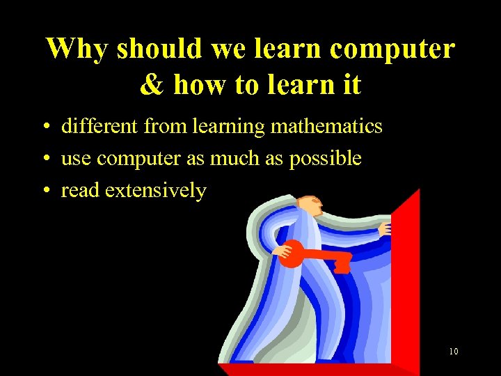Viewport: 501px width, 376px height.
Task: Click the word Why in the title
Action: click(x=77, y=49)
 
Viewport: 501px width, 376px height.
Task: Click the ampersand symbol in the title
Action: click(x=150, y=85)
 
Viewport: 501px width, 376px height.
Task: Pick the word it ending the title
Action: click(x=351, y=85)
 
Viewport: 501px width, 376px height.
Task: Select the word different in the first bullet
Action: click(x=100, y=126)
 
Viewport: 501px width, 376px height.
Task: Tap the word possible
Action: click(x=326, y=159)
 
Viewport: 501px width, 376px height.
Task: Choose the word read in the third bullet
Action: click(x=78, y=190)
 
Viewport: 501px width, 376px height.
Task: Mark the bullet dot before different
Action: click(x=44, y=127)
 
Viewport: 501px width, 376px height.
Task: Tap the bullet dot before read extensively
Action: click(x=44, y=191)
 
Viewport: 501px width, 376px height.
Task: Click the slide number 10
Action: click(x=453, y=352)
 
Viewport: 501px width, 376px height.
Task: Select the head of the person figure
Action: click(x=309, y=205)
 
